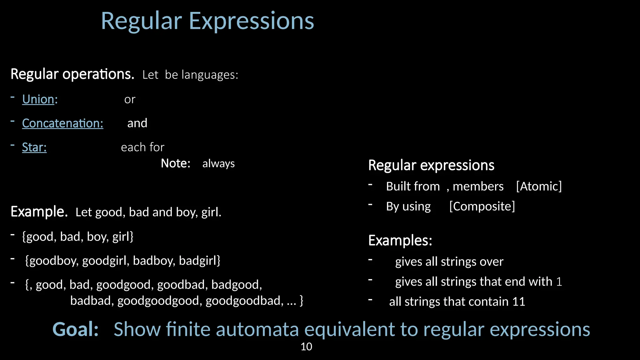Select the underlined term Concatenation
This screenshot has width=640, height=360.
click(x=62, y=123)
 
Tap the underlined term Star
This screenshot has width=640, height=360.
click(x=34, y=147)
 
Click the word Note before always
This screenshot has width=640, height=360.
click(x=175, y=163)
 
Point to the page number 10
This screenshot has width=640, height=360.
click(x=306, y=347)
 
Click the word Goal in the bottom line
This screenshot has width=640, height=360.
click(x=75, y=329)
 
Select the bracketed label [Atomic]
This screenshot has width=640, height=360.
click(x=539, y=186)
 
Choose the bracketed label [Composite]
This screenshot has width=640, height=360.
click(x=482, y=206)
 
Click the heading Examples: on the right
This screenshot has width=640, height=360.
click(x=400, y=240)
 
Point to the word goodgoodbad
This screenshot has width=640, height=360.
click(x=244, y=301)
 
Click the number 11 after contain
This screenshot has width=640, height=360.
click(x=518, y=302)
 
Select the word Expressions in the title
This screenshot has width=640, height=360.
click(x=251, y=21)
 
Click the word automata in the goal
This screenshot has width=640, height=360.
click(x=257, y=329)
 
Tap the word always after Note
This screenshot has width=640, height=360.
click(x=218, y=164)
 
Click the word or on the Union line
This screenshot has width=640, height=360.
click(x=130, y=100)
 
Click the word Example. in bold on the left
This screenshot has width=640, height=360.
click(x=39, y=212)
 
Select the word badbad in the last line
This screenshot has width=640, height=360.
click(x=92, y=301)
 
